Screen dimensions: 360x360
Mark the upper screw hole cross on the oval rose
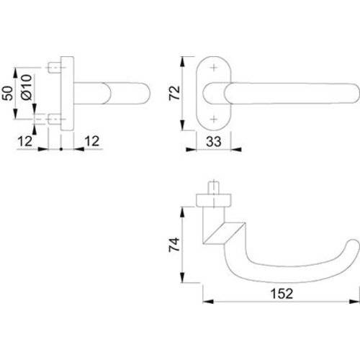pyautogui.click(x=214, y=69)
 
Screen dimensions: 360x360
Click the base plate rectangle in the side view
pyautogui.click(x=66, y=94)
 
